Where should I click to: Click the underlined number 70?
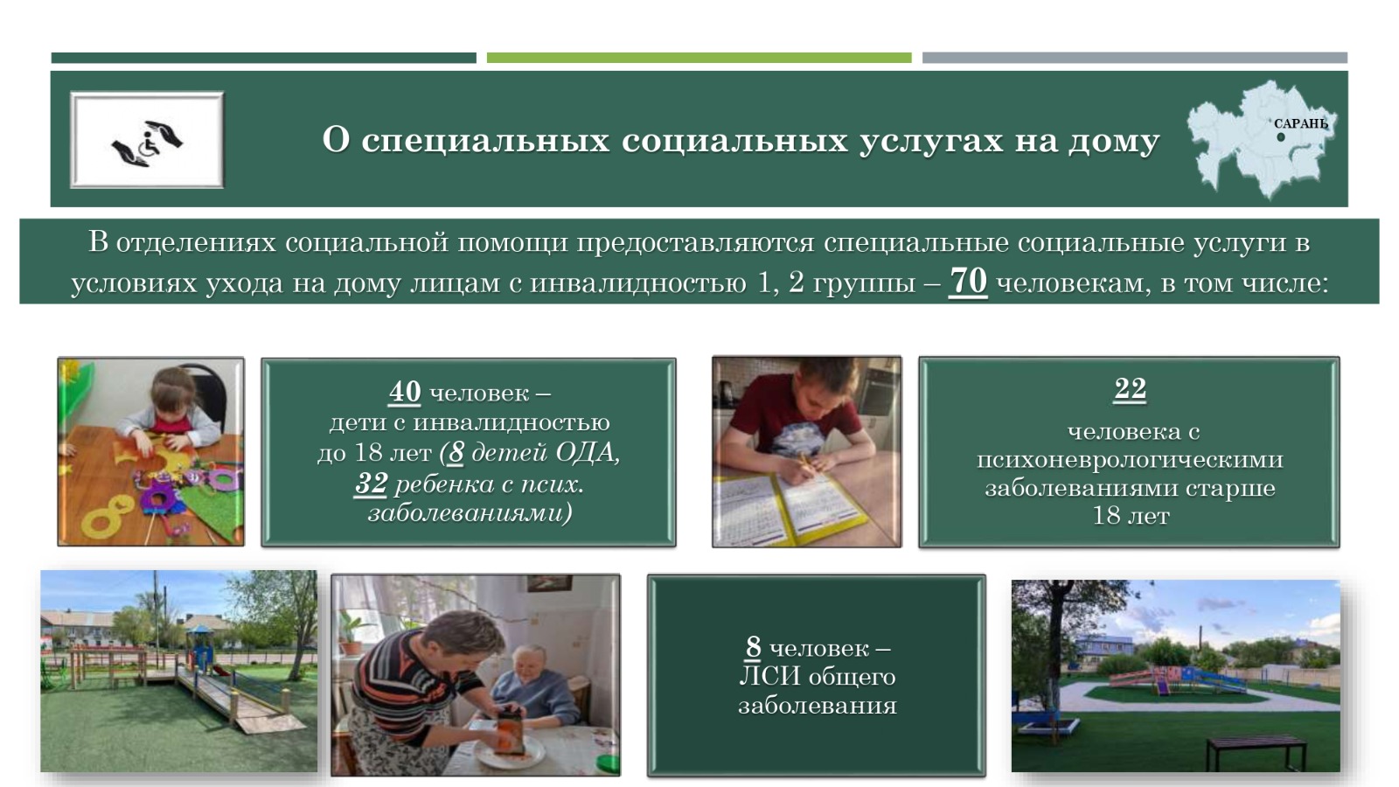[967, 282]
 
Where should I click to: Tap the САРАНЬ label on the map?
[1301, 123]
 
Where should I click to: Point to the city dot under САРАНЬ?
[1281, 137]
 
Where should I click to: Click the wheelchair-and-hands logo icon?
[148, 143]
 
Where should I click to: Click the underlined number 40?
[405, 393]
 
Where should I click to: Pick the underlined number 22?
[1130, 388]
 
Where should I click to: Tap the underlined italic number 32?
[371, 484]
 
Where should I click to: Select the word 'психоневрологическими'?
[1130, 460]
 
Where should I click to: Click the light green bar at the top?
[699, 58]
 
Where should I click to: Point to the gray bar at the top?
[1135, 58]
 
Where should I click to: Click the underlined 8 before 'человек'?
[753, 647]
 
